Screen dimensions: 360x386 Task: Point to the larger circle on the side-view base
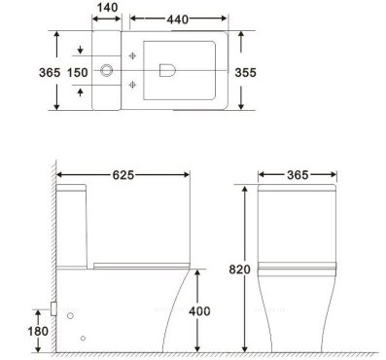(x=70, y=316)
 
